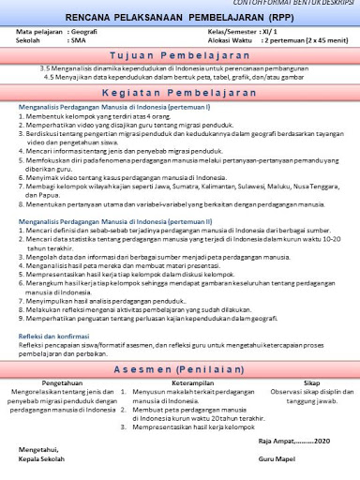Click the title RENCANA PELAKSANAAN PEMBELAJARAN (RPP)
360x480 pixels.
tap(179, 18)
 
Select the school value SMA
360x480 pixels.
tap(79, 41)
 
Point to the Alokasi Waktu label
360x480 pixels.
tap(229, 41)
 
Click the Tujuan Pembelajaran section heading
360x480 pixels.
tap(179, 55)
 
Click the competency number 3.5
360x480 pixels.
tap(46, 69)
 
